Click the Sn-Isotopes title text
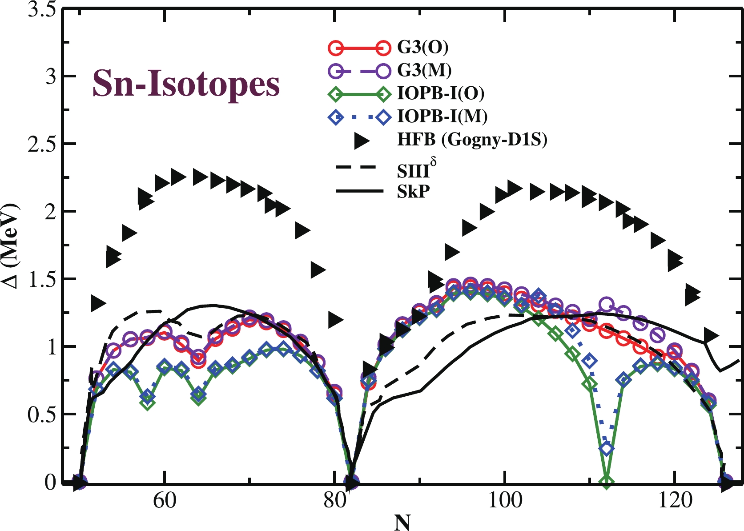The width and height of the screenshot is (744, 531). (186, 84)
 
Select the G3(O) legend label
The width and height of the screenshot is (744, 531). (422, 47)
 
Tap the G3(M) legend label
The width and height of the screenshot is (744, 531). (424, 70)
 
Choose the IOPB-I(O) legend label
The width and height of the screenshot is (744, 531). (441, 93)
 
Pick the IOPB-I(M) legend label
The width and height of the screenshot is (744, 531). (442, 117)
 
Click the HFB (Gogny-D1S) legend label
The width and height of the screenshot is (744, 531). (472, 140)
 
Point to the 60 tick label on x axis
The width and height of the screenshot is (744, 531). (165, 501)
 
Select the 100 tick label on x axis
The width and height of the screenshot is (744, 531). (504, 501)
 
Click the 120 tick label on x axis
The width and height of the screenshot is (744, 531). (674, 501)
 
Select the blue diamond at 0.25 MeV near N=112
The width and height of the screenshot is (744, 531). (607, 449)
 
